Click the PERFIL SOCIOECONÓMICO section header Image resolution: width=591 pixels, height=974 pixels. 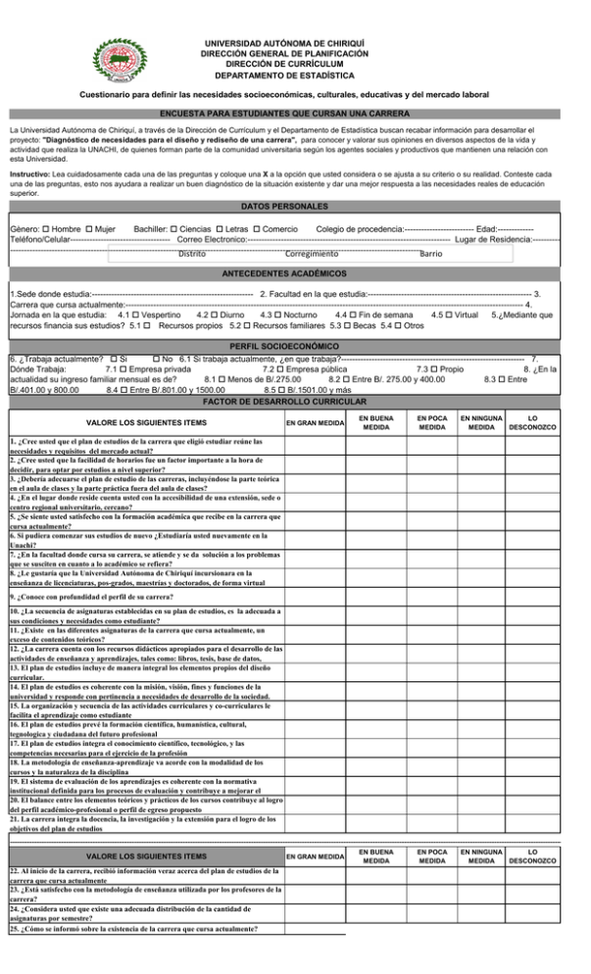pos(295,348)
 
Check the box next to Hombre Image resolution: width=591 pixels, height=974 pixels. pos(47,229)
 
